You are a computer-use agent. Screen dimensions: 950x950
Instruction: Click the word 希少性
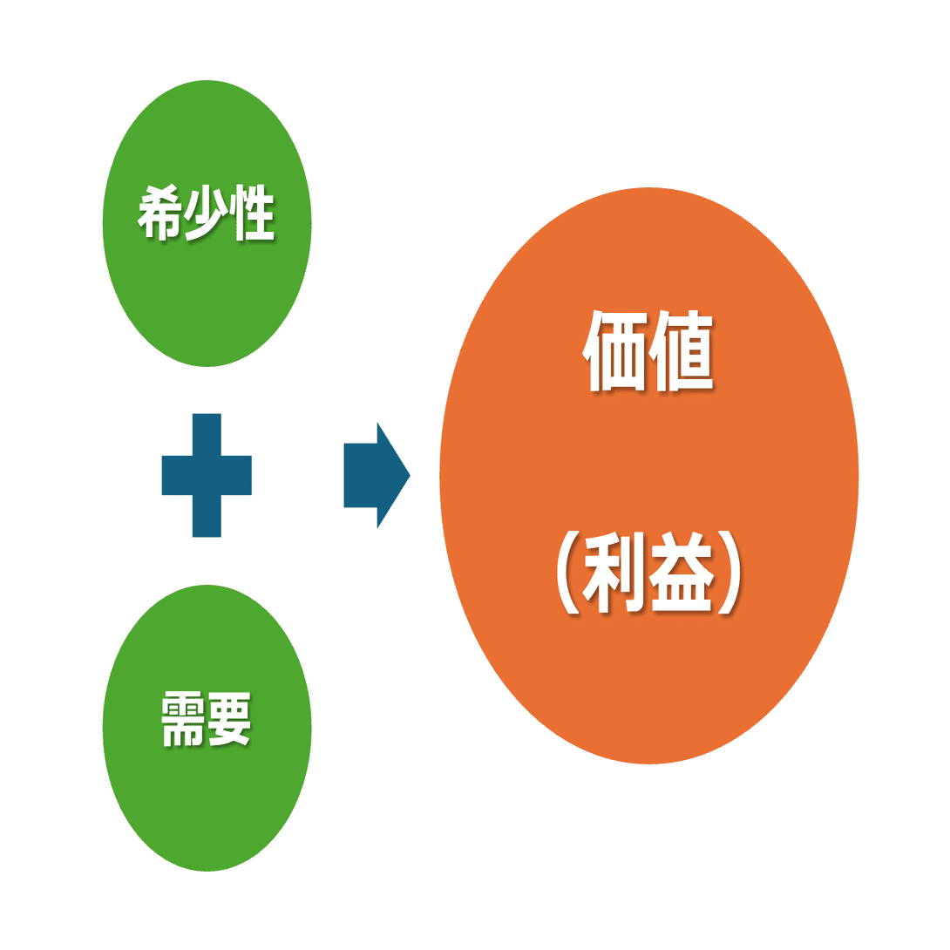click(207, 213)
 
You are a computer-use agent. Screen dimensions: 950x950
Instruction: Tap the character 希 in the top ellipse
click(159, 213)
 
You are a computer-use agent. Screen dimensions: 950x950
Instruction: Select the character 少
click(207, 213)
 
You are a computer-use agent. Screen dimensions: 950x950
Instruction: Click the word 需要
click(207, 719)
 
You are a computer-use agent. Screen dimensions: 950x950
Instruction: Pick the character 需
click(183, 719)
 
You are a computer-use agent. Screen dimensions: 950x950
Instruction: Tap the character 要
click(230, 719)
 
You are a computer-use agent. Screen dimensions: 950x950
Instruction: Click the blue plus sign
click(207, 475)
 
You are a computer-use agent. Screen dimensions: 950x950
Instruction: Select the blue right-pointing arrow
click(376, 475)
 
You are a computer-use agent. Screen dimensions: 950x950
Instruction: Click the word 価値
click(648, 350)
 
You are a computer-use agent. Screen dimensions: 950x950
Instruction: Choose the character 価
click(614, 350)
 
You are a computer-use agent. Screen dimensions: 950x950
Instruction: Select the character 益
click(682, 572)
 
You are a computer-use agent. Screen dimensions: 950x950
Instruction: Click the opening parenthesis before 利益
click(567, 572)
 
